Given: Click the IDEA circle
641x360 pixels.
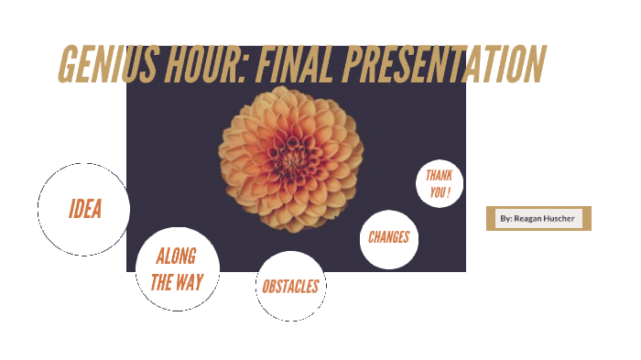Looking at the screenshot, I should pos(84,209).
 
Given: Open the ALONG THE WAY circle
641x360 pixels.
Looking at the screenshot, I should pos(177,269).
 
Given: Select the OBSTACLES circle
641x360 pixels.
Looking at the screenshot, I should pos(290,287).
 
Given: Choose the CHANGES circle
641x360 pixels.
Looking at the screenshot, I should pos(388,238).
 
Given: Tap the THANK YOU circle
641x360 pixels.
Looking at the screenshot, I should pos(440,184).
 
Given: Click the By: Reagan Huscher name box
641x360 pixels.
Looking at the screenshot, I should pos(538,219).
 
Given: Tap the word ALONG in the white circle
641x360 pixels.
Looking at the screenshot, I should pos(176,256).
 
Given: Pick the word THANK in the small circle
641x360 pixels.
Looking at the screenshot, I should pos(440,176).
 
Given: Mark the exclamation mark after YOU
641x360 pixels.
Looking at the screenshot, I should pos(450,193).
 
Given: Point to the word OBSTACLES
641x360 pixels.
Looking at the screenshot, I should pos(290,287).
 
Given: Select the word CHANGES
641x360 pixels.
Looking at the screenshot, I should pos(388,237).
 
